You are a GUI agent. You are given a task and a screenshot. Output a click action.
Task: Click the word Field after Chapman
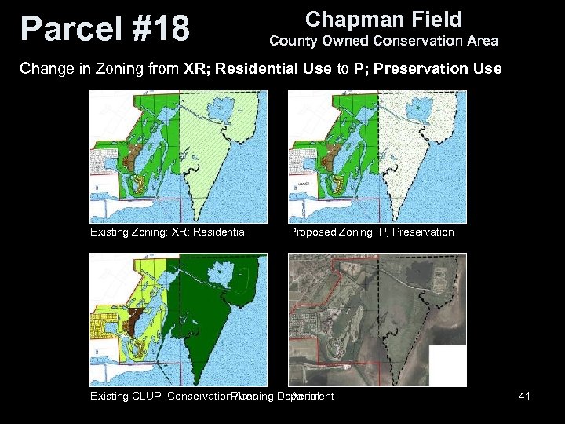432,19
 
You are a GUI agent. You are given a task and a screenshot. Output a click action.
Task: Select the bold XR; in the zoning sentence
197,68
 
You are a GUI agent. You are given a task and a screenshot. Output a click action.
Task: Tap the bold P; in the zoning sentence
361,68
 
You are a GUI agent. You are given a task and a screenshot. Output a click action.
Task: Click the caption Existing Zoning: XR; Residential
169,232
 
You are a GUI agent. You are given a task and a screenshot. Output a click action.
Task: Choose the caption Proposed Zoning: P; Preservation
371,232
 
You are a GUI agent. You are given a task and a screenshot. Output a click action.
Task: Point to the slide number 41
524,396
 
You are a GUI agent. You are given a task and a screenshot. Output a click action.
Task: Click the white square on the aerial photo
449,366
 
